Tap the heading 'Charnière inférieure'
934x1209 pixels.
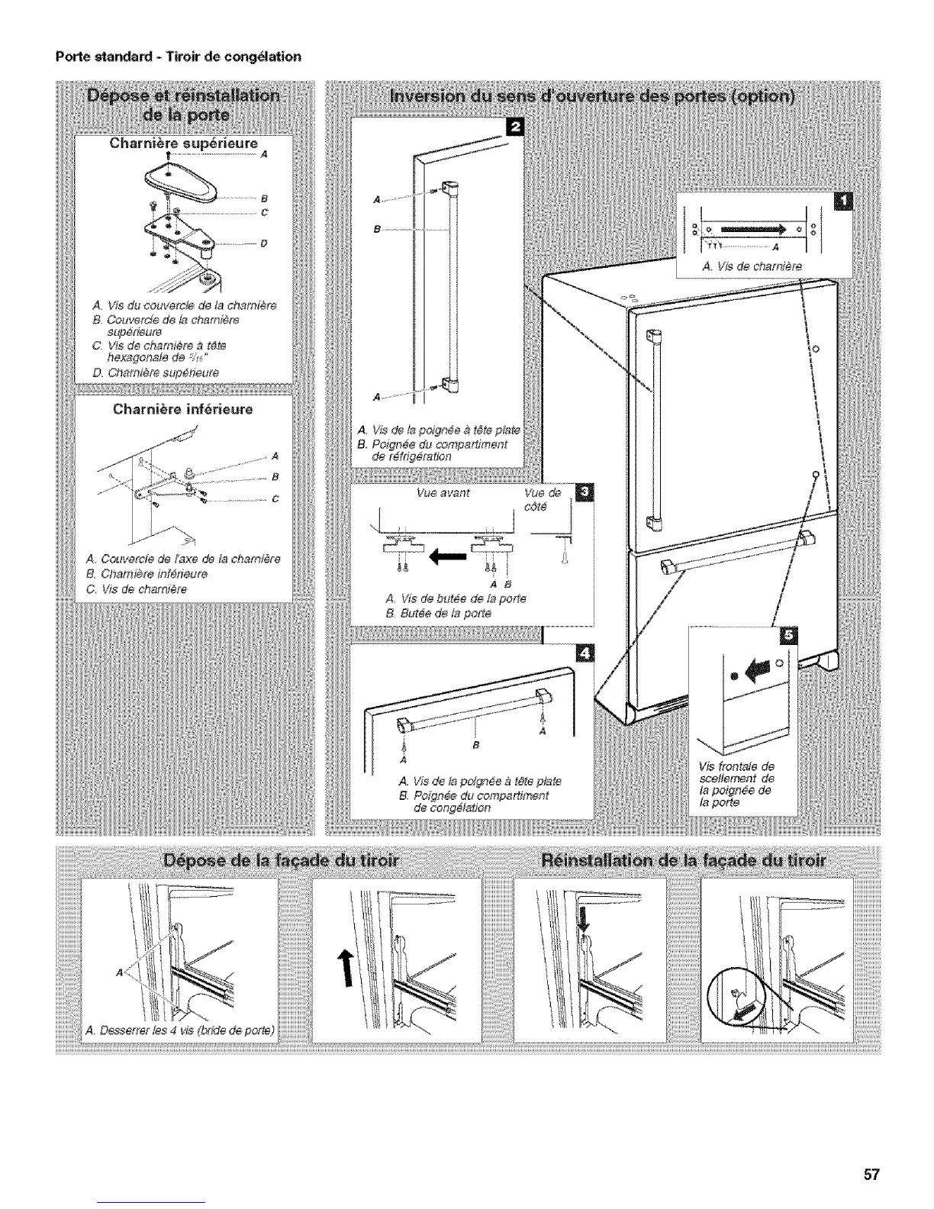pos(182,409)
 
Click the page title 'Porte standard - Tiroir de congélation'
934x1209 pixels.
pos(177,56)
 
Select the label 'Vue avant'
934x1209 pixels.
pos(443,494)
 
